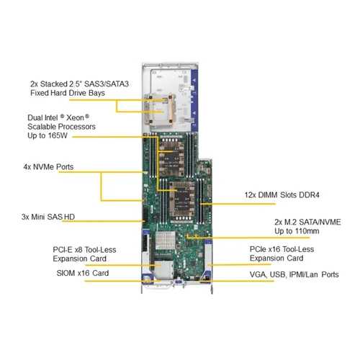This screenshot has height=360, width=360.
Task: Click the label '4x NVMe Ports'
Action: pos(48,167)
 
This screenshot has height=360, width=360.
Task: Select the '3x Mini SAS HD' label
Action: pos(48,217)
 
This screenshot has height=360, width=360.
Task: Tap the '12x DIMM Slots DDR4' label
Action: pos(282,195)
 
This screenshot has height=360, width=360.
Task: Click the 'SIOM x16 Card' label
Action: pos(83,273)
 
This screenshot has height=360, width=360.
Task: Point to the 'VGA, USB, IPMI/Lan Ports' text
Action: pos(294,274)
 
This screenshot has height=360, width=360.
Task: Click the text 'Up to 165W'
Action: pos(48,135)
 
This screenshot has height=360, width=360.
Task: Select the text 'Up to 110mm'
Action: pos(297,231)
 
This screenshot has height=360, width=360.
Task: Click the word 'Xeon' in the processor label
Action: pos(75,117)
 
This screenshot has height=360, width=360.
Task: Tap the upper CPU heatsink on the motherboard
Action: pos(171,156)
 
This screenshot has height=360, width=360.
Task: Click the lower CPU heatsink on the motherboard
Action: pos(182,199)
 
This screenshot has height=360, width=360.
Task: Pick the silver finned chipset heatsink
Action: pos(166,240)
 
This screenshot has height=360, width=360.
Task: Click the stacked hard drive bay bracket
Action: pos(160,109)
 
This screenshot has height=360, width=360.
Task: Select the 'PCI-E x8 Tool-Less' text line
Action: pos(84,250)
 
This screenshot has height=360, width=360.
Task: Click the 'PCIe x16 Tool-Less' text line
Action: pos(282,249)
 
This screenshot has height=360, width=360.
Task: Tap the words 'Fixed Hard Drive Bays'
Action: pos(68,93)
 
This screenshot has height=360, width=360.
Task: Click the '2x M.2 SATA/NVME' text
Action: pos(307,222)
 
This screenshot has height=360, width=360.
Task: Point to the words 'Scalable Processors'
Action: pos(61,127)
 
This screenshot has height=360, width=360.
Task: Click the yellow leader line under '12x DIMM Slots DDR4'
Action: pos(238,204)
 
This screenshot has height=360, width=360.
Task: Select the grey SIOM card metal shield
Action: pos(163,269)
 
